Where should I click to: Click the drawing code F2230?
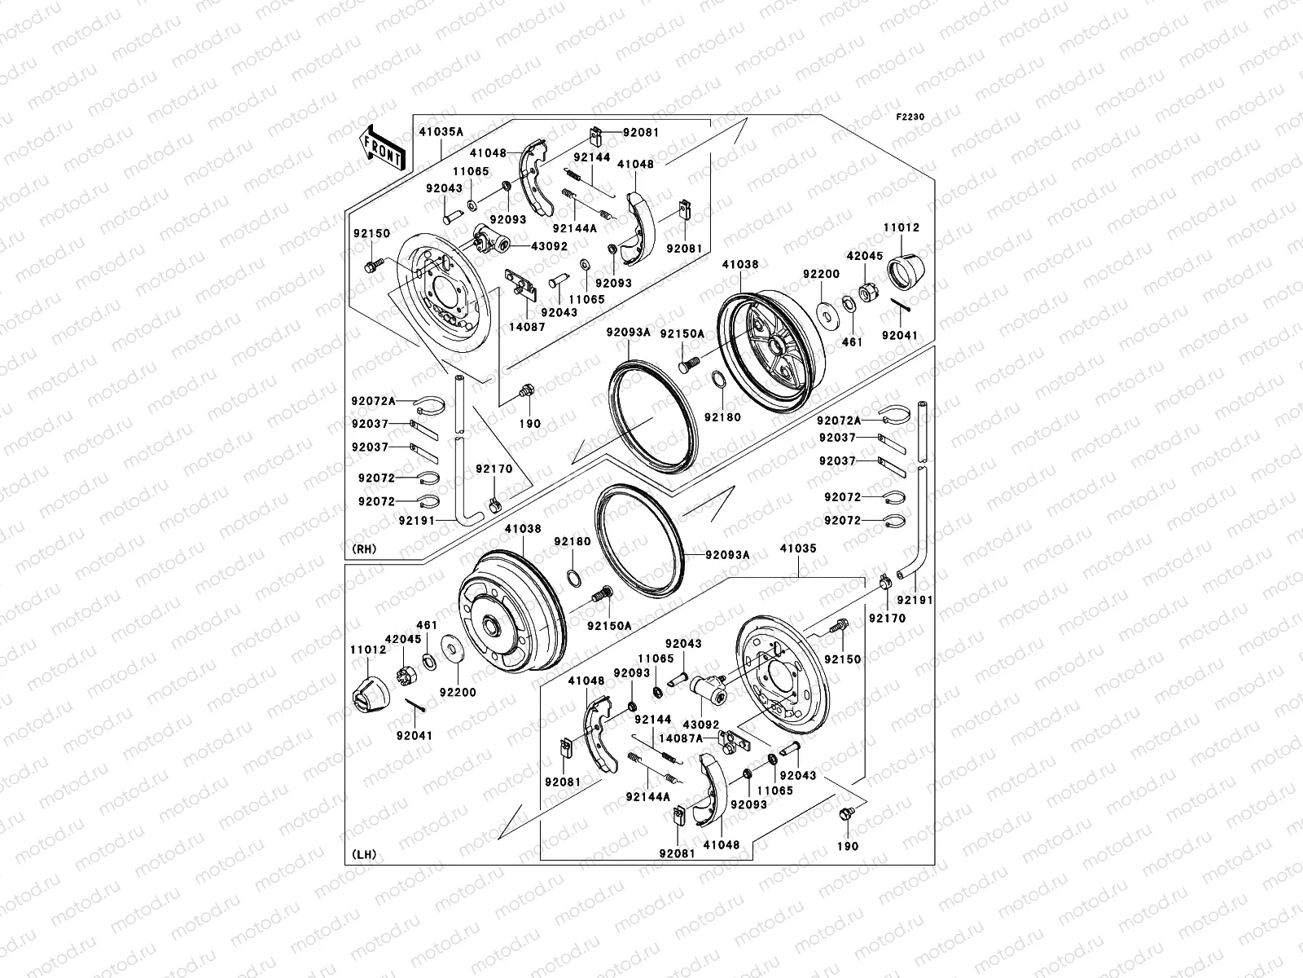[910, 117]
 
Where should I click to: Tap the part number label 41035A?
[441, 132]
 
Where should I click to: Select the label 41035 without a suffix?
[798, 548]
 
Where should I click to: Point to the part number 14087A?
[681, 738]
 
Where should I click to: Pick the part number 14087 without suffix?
[527, 326]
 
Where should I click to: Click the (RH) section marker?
[364, 549]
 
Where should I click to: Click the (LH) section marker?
[364, 854]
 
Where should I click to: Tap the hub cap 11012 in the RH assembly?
[906, 272]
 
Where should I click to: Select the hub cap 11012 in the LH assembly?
[371, 694]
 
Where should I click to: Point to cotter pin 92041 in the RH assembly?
[901, 304]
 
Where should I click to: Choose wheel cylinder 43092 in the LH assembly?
[709, 689]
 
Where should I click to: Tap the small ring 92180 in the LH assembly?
[574, 578]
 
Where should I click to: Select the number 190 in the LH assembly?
[847, 846]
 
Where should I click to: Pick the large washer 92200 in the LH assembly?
[452, 650]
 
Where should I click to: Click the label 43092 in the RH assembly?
[549, 246]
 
